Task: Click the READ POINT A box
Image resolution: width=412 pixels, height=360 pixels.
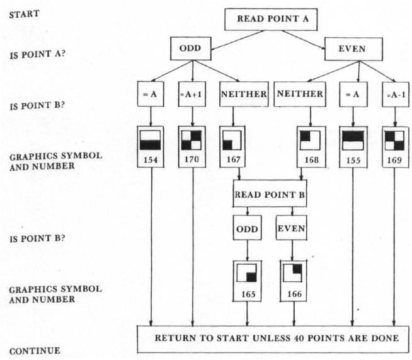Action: [272, 19]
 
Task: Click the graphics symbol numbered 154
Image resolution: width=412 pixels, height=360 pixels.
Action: [151, 141]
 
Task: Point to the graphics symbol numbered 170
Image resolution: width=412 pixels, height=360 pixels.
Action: [192, 141]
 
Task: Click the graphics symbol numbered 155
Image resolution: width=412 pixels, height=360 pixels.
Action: [353, 141]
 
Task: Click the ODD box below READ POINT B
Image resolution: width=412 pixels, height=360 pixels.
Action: [248, 229]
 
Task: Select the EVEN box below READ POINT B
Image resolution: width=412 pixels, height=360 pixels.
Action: [292, 229]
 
